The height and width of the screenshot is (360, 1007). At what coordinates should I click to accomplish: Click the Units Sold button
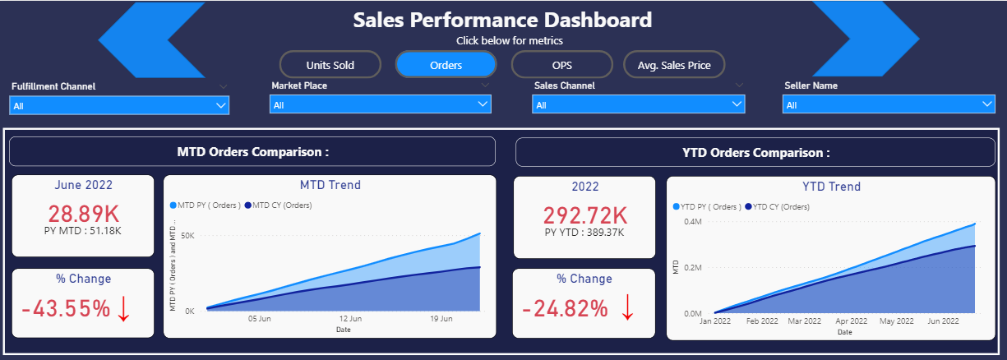tap(330, 65)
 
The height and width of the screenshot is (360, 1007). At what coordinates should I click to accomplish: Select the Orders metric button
tap(446, 65)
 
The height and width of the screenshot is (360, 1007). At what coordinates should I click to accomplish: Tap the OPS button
tap(562, 65)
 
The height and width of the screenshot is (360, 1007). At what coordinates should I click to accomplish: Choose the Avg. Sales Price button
tap(674, 65)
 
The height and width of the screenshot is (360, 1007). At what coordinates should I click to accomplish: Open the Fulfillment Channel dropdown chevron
tap(220, 105)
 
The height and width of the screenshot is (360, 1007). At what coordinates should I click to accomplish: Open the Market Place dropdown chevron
tap(483, 105)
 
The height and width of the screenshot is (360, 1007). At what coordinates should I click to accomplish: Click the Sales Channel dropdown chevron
tap(737, 105)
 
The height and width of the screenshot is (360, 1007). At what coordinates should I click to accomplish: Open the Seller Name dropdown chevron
tap(987, 105)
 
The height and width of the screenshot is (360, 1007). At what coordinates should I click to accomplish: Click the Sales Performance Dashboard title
tap(502, 20)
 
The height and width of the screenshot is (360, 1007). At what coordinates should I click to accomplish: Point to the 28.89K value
tap(82, 214)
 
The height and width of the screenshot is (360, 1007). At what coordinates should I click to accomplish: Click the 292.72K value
tap(585, 215)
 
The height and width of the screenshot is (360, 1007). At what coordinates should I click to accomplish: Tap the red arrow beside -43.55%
tap(124, 308)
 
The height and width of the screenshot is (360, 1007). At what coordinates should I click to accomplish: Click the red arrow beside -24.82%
tap(627, 308)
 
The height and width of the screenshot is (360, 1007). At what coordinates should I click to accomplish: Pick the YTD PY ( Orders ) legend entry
tap(707, 207)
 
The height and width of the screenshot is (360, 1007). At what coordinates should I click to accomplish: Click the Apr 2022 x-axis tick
tap(852, 321)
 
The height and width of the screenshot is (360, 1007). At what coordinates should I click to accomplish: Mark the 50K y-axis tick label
tap(187, 235)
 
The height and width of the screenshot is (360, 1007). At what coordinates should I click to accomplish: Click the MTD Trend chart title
tap(330, 185)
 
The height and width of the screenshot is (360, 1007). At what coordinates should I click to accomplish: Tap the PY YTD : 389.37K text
tap(584, 233)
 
